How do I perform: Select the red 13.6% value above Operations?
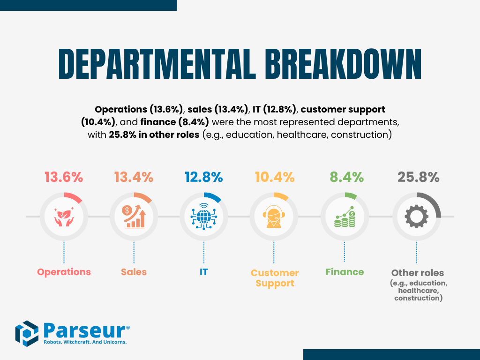coord(64,178)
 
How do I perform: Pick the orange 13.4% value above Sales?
coord(134,178)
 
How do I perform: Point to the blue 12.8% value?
coord(203,178)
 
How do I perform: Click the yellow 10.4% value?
coord(275,178)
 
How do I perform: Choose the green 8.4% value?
coord(345,178)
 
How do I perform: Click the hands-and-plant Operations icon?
coord(64,217)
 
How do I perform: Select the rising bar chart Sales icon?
coord(134,217)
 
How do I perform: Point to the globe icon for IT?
coord(203,217)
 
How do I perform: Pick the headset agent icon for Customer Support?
coord(274,217)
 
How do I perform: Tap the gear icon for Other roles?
coord(417,217)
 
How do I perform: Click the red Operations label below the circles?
coord(64,272)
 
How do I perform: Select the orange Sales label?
coord(134,272)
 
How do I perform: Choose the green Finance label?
coord(345,272)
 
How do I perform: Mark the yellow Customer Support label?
coord(275,278)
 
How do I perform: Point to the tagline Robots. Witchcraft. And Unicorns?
coord(85,342)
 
